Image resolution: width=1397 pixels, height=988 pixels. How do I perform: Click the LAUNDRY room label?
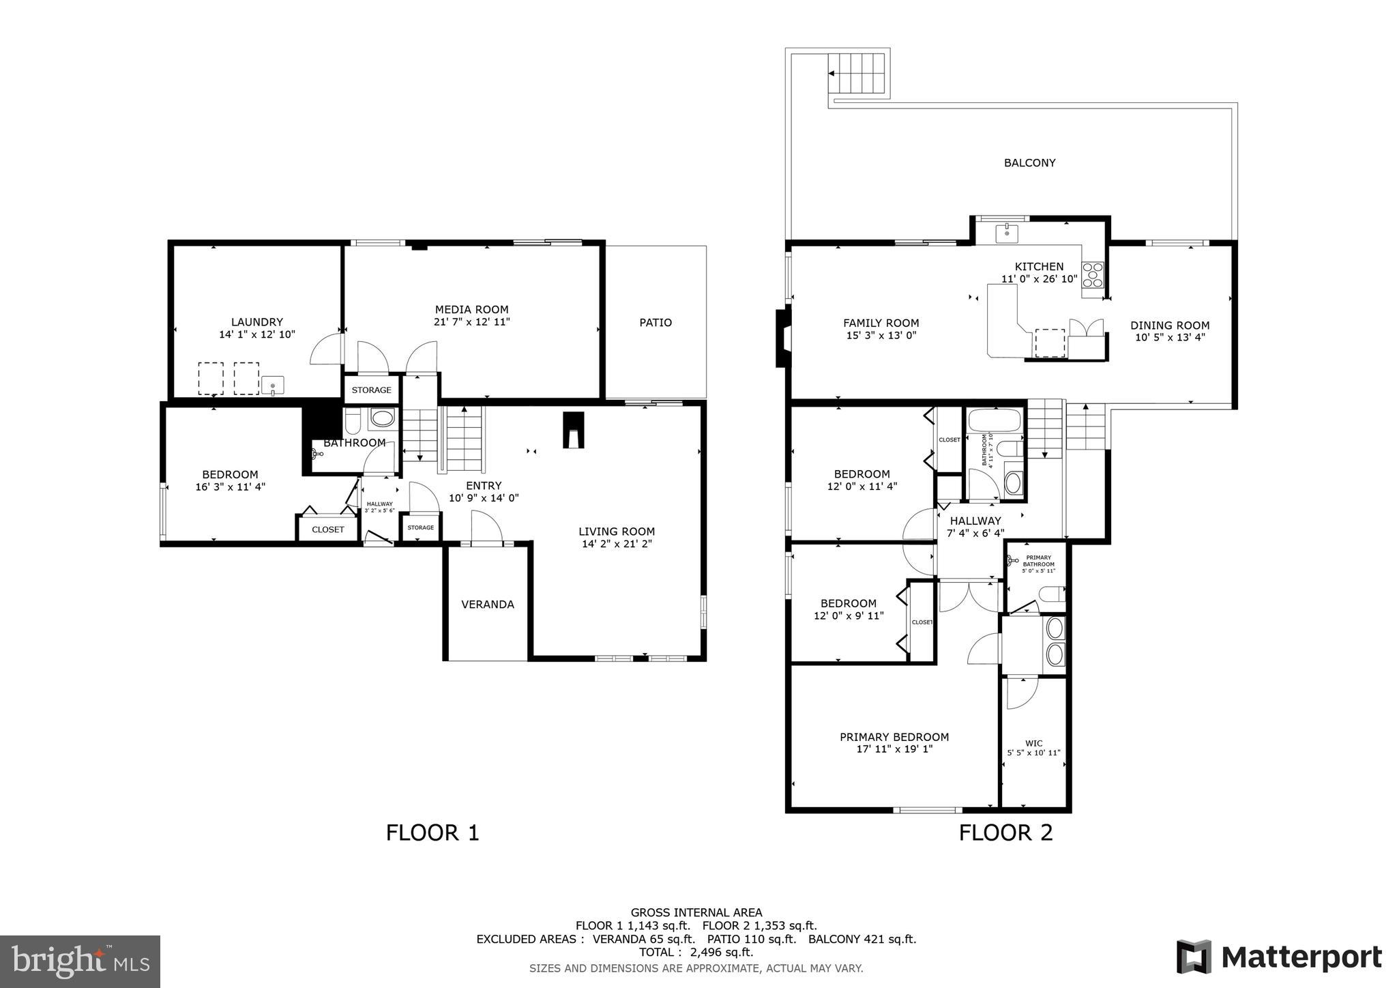click(x=256, y=322)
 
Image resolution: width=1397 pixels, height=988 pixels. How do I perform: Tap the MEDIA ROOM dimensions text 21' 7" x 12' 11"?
click(x=471, y=322)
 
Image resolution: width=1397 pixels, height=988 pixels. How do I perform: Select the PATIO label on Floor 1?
click(x=656, y=323)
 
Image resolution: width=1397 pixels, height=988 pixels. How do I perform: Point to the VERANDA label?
click(x=488, y=605)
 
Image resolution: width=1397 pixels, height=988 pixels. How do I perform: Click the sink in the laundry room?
click(x=272, y=385)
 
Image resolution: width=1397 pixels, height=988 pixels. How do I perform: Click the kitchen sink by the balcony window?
click(x=1007, y=233)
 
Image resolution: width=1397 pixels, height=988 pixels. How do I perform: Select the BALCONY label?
click(x=1029, y=163)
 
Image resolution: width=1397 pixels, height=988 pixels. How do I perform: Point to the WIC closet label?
click(x=1033, y=744)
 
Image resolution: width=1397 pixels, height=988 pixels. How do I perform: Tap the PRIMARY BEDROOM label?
click(x=894, y=737)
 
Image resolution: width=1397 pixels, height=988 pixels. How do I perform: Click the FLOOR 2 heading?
click(x=1005, y=832)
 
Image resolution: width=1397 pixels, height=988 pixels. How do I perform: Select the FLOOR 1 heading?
click(x=432, y=832)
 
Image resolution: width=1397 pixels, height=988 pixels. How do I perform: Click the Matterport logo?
click(x=1278, y=957)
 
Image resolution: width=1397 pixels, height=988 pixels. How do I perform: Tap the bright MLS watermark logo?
click(x=80, y=961)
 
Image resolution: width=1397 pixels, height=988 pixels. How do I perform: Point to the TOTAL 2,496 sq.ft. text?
click(x=696, y=952)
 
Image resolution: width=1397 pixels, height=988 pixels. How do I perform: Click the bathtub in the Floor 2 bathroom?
click(x=995, y=418)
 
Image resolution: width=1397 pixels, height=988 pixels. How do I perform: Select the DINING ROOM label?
click(x=1169, y=325)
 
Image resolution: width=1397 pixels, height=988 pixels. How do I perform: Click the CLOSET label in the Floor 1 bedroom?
click(x=327, y=529)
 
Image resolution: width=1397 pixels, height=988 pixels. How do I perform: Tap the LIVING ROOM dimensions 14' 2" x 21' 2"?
click(x=617, y=544)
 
